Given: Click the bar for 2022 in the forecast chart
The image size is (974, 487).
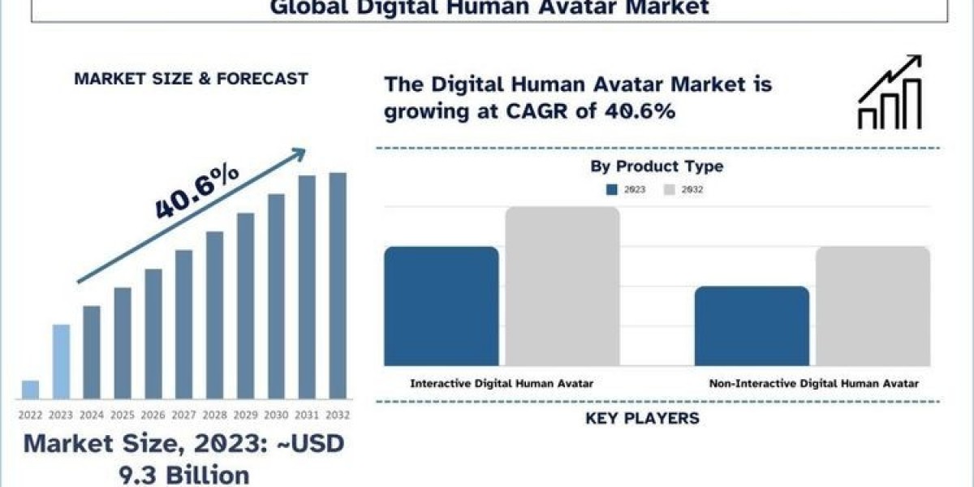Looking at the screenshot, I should [30, 390].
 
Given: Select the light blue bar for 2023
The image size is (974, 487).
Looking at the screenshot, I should [61, 362].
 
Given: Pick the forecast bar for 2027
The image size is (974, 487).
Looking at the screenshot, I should [183, 325].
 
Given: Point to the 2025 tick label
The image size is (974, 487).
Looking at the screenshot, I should [123, 415].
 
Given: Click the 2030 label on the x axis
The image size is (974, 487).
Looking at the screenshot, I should [276, 415].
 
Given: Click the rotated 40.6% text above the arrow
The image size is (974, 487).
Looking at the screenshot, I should [196, 192].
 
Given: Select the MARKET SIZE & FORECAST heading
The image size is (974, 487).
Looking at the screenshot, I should [191, 79].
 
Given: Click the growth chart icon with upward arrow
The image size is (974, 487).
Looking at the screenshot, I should [890, 93].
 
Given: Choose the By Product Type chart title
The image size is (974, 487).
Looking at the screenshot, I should [657, 166].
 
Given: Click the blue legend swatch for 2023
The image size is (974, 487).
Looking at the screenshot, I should [612, 190].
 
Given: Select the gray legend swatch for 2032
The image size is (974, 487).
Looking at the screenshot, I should [670, 190].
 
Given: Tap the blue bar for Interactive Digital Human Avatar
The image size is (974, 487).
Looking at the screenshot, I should [441, 306].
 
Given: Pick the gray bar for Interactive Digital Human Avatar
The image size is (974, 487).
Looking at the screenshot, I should [562, 286].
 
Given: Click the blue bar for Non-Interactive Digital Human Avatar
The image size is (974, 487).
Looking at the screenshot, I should [752, 325].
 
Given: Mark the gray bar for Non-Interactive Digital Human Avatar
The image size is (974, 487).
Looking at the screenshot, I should [873, 306].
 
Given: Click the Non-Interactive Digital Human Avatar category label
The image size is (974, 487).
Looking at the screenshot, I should [814, 383].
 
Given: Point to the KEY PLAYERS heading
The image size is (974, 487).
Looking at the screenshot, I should [642, 419].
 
